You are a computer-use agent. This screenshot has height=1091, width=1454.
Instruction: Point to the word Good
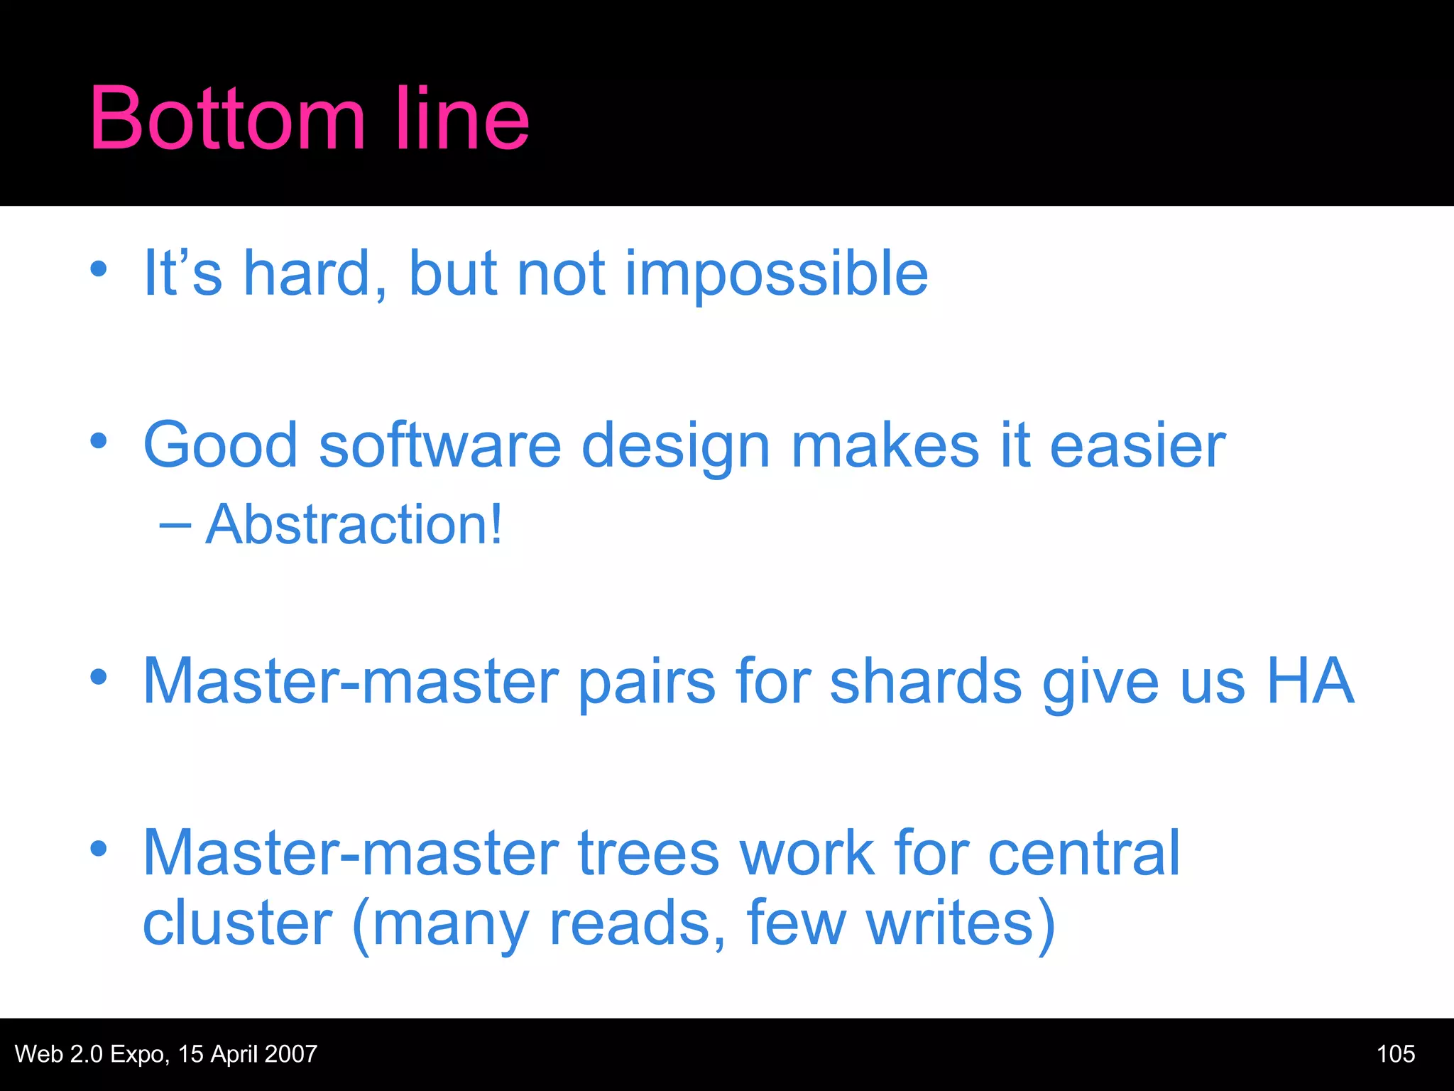click(221, 446)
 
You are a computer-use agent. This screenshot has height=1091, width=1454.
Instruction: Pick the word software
click(440, 446)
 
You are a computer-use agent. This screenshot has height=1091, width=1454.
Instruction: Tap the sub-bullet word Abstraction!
click(354, 525)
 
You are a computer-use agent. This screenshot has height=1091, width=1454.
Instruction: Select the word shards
click(926, 682)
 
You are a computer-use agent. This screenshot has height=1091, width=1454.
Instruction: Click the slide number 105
click(1396, 1054)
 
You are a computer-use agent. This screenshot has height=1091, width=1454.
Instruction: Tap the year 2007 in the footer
click(290, 1054)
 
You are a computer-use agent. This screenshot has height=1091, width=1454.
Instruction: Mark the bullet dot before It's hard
click(99, 269)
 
